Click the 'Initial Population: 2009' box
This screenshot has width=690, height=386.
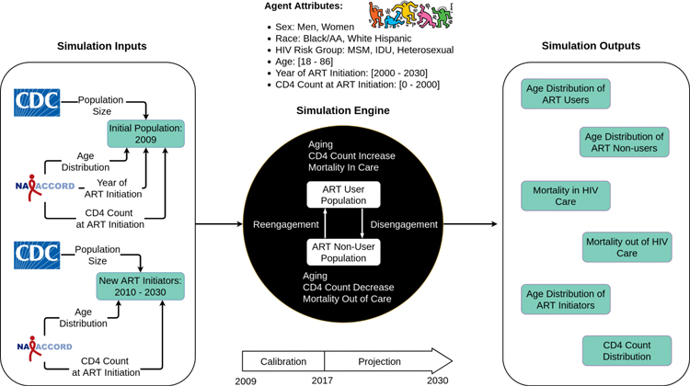pyautogui.click(x=145, y=133)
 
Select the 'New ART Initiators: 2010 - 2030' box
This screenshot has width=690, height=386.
pyautogui.click(x=141, y=287)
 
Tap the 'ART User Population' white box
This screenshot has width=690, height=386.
pyautogui.click(x=343, y=195)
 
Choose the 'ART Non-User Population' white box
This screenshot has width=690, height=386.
pyautogui.click(x=343, y=253)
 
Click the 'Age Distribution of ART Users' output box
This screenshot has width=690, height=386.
pyautogui.click(x=566, y=94)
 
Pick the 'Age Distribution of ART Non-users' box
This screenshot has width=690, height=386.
pyautogui.click(x=624, y=142)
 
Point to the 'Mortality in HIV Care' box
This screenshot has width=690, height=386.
pyautogui.click(x=566, y=196)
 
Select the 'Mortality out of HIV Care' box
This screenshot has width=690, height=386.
pyautogui.click(x=627, y=247)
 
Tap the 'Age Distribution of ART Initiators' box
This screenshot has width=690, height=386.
pyautogui.click(x=566, y=300)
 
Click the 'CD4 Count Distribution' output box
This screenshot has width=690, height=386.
pyautogui.click(x=627, y=351)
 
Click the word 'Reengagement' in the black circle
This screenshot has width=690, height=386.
pyautogui.click(x=285, y=224)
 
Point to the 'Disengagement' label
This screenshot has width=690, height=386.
pyautogui.click(x=404, y=224)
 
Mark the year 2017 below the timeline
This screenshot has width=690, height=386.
pyautogui.click(x=322, y=380)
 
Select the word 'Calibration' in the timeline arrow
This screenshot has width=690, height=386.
pyautogui.click(x=283, y=361)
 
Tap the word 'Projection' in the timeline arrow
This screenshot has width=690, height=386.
pyautogui.click(x=379, y=361)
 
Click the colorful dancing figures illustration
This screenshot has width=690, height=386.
pyautogui.click(x=410, y=15)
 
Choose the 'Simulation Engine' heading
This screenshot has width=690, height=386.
pyautogui.click(x=343, y=110)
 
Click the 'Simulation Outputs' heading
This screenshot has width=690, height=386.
pyautogui.click(x=591, y=46)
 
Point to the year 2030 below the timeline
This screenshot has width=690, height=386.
pyautogui.click(x=437, y=380)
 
